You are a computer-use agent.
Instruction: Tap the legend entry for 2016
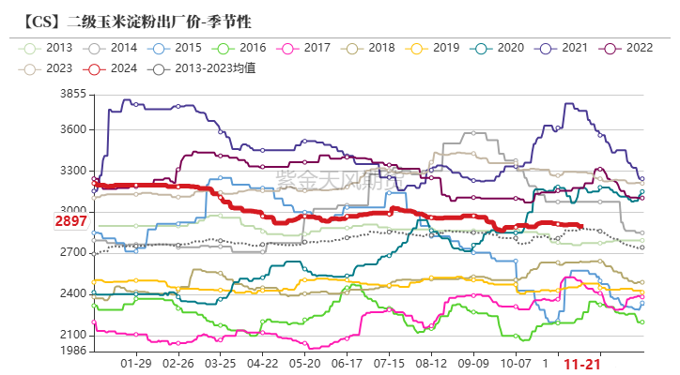tap(240, 47)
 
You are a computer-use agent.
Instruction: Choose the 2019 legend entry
tap(433, 47)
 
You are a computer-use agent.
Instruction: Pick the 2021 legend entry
tap(563, 47)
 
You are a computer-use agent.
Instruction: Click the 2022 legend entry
tap(626, 47)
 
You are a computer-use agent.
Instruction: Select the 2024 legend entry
tap(111, 67)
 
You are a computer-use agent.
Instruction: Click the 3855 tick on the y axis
tap(72, 95)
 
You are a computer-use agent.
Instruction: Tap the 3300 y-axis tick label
tap(72, 172)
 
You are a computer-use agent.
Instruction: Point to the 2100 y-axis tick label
tap(72, 336)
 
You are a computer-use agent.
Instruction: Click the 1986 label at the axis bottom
tap(72, 351)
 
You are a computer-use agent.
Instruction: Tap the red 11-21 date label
tap(580, 363)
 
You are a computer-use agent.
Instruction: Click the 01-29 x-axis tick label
tap(136, 363)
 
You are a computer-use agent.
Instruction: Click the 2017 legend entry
tap(304, 47)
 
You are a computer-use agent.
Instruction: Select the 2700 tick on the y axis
tap(72, 253)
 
